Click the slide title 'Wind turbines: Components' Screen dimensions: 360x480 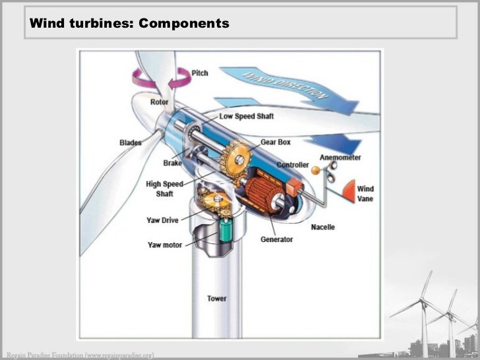(129, 24)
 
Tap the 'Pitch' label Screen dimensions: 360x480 (200, 73)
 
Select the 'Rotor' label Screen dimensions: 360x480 (160, 102)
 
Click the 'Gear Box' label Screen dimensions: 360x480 (276, 142)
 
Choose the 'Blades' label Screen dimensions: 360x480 (131, 142)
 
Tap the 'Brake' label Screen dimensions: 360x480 (173, 162)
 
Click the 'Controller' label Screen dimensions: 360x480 (293, 164)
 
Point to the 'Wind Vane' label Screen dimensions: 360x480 (365, 194)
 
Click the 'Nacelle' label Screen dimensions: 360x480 (323, 227)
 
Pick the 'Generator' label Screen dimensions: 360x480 (277, 239)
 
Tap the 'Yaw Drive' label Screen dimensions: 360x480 (163, 220)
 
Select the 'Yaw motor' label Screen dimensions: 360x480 (164, 245)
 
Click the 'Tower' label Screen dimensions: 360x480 (217, 299)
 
